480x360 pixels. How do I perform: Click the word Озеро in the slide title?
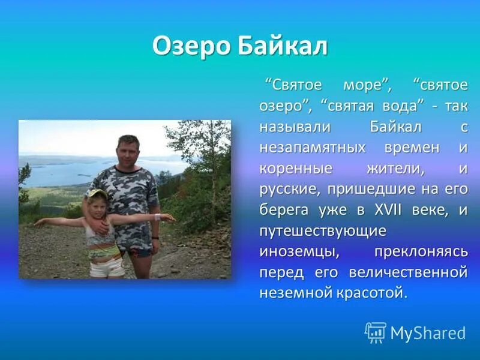(x=191, y=46)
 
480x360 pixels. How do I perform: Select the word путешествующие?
(x=323, y=231)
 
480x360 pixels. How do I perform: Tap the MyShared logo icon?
(x=376, y=332)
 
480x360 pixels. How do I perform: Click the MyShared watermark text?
(x=428, y=334)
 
